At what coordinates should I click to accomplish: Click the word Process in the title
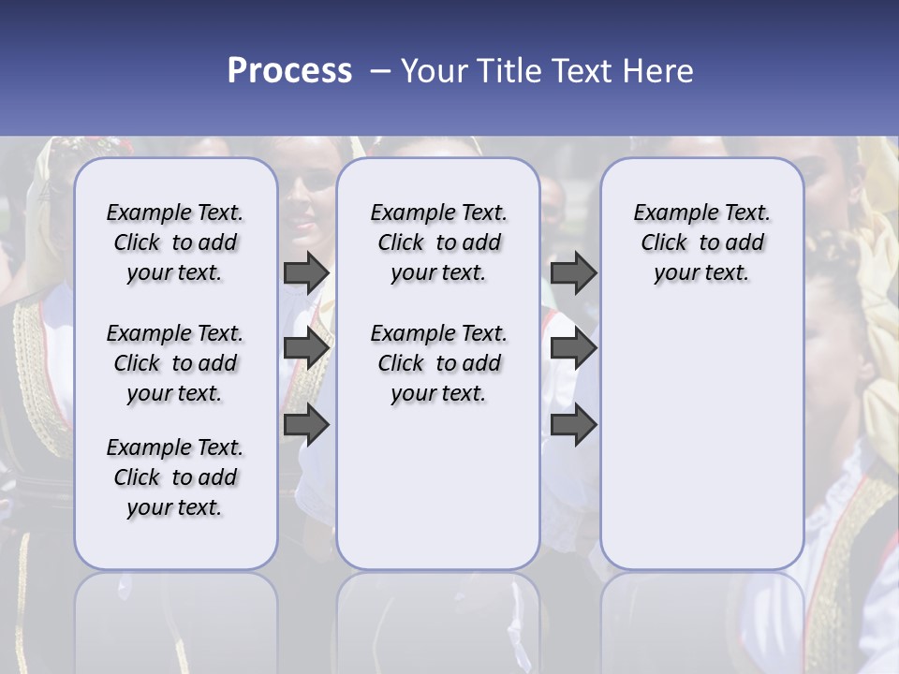[x=289, y=71]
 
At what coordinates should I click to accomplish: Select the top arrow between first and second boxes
[x=306, y=273]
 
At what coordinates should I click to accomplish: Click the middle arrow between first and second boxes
[x=306, y=349]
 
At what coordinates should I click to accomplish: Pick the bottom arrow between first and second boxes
[x=306, y=425]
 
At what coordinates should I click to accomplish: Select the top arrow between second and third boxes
[x=573, y=273]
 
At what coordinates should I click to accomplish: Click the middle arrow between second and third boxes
[x=573, y=349]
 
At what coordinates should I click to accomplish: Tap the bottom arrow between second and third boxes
[x=573, y=425]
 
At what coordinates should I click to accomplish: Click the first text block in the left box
[x=175, y=242]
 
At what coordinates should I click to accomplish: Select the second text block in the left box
[x=175, y=363]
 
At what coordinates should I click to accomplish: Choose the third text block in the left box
[x=175, y=477]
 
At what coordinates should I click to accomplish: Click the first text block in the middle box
[x=438, y=242]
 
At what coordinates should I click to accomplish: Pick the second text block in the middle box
[x=438, y=363]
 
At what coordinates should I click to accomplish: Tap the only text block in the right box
[x=701, y=242]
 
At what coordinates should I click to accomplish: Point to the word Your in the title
[x=428, y=71]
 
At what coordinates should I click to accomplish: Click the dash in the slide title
[x=379, y=71]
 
